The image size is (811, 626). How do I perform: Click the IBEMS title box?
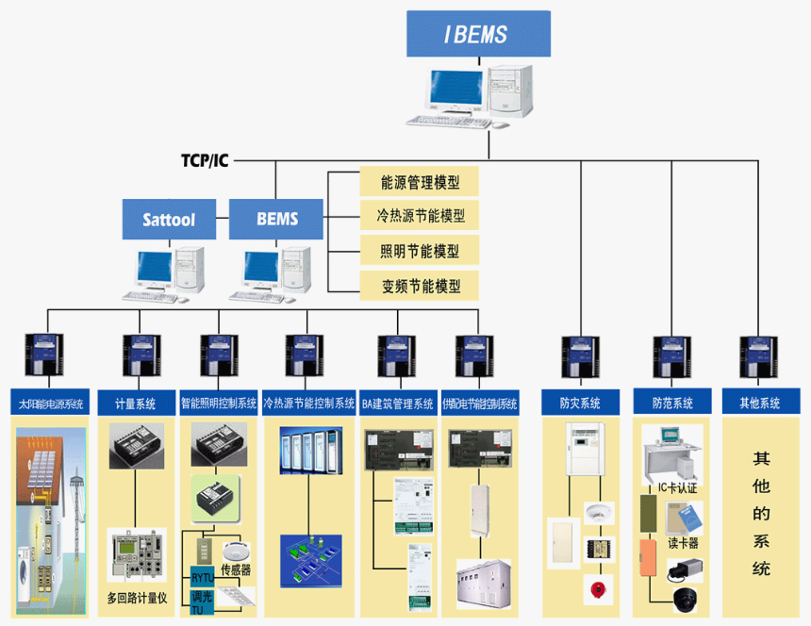pyautogui.click(x=476, y=35)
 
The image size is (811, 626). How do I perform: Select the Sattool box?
pyautogui.click(x=169, y=220)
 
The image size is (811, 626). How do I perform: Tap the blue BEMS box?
pyautogui.click(x=276, y=220)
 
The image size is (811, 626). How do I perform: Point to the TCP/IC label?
pyautogui.click(x=205, y=160)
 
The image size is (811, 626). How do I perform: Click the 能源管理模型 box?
pyautogui.click(x=420, y=181)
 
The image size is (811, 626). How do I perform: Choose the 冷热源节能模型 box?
pyautogui.click(x=420, y=215)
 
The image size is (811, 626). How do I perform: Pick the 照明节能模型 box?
pyautogui.click(x=420, y=250)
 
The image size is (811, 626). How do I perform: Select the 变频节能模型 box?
pyautogui.click(x=420, y=285)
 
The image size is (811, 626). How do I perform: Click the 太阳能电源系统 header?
pyautogui.click(x=51, y=403)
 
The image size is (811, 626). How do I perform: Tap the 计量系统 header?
pyautogui.click(x=134, y=403)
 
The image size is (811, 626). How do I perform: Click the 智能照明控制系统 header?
pyautogui.click(x=219, y=403)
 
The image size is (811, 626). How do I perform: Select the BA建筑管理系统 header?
pyautogui.click(x=397, y=403)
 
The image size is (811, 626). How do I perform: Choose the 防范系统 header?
pyautogui.click(x=671, y=403)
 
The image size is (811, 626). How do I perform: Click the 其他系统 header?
pyautogui.click(x=760, y=403)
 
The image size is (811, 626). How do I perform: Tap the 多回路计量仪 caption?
pyautogui.click(x=137, y=598)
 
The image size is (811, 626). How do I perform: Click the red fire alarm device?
pyautogui.click(x=595, y=592)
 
